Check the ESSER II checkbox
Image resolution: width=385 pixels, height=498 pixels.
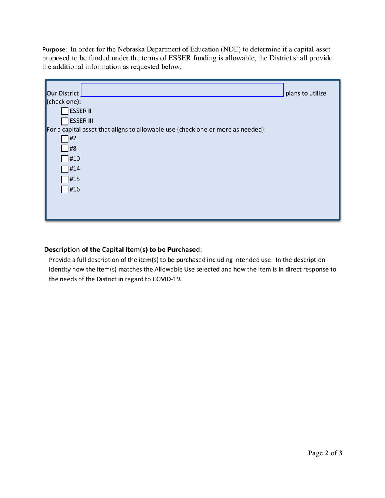coord(65,111)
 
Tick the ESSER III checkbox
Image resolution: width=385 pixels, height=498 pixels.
coord(65,121)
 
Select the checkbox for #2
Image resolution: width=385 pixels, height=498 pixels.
coord(65,139)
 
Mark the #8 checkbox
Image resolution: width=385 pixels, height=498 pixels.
coord(65,149)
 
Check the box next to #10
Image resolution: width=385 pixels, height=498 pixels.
coord(65,159)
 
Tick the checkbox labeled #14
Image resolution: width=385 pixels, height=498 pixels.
coord(65,169)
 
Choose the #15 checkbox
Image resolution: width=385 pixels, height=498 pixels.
coord(65,179)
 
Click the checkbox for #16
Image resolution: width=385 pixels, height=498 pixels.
coord(65,189)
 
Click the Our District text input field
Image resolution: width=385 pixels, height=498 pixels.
coord(182,90)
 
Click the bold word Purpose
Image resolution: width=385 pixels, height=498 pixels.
coord(55,50)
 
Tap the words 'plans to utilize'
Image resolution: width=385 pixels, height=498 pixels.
coord(306,94)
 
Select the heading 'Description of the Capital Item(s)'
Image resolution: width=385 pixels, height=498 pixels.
coord(122,249)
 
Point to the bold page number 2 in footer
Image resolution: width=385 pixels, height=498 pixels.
coord(326,453)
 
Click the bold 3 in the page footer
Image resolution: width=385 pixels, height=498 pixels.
coord(340,453)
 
